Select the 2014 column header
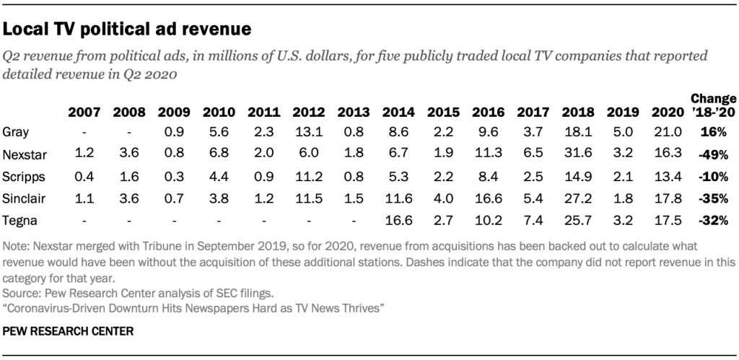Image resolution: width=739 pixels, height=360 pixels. point(398,113)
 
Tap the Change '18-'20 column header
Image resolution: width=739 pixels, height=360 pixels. point(714,105)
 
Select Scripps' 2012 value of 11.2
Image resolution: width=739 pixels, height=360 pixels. point(307,176)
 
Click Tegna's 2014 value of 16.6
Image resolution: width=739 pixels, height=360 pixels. point(398,219)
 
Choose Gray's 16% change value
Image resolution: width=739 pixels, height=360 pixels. point(714,133)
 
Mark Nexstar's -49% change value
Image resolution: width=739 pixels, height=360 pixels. point(714,154)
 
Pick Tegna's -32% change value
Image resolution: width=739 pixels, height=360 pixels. point(714,219)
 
